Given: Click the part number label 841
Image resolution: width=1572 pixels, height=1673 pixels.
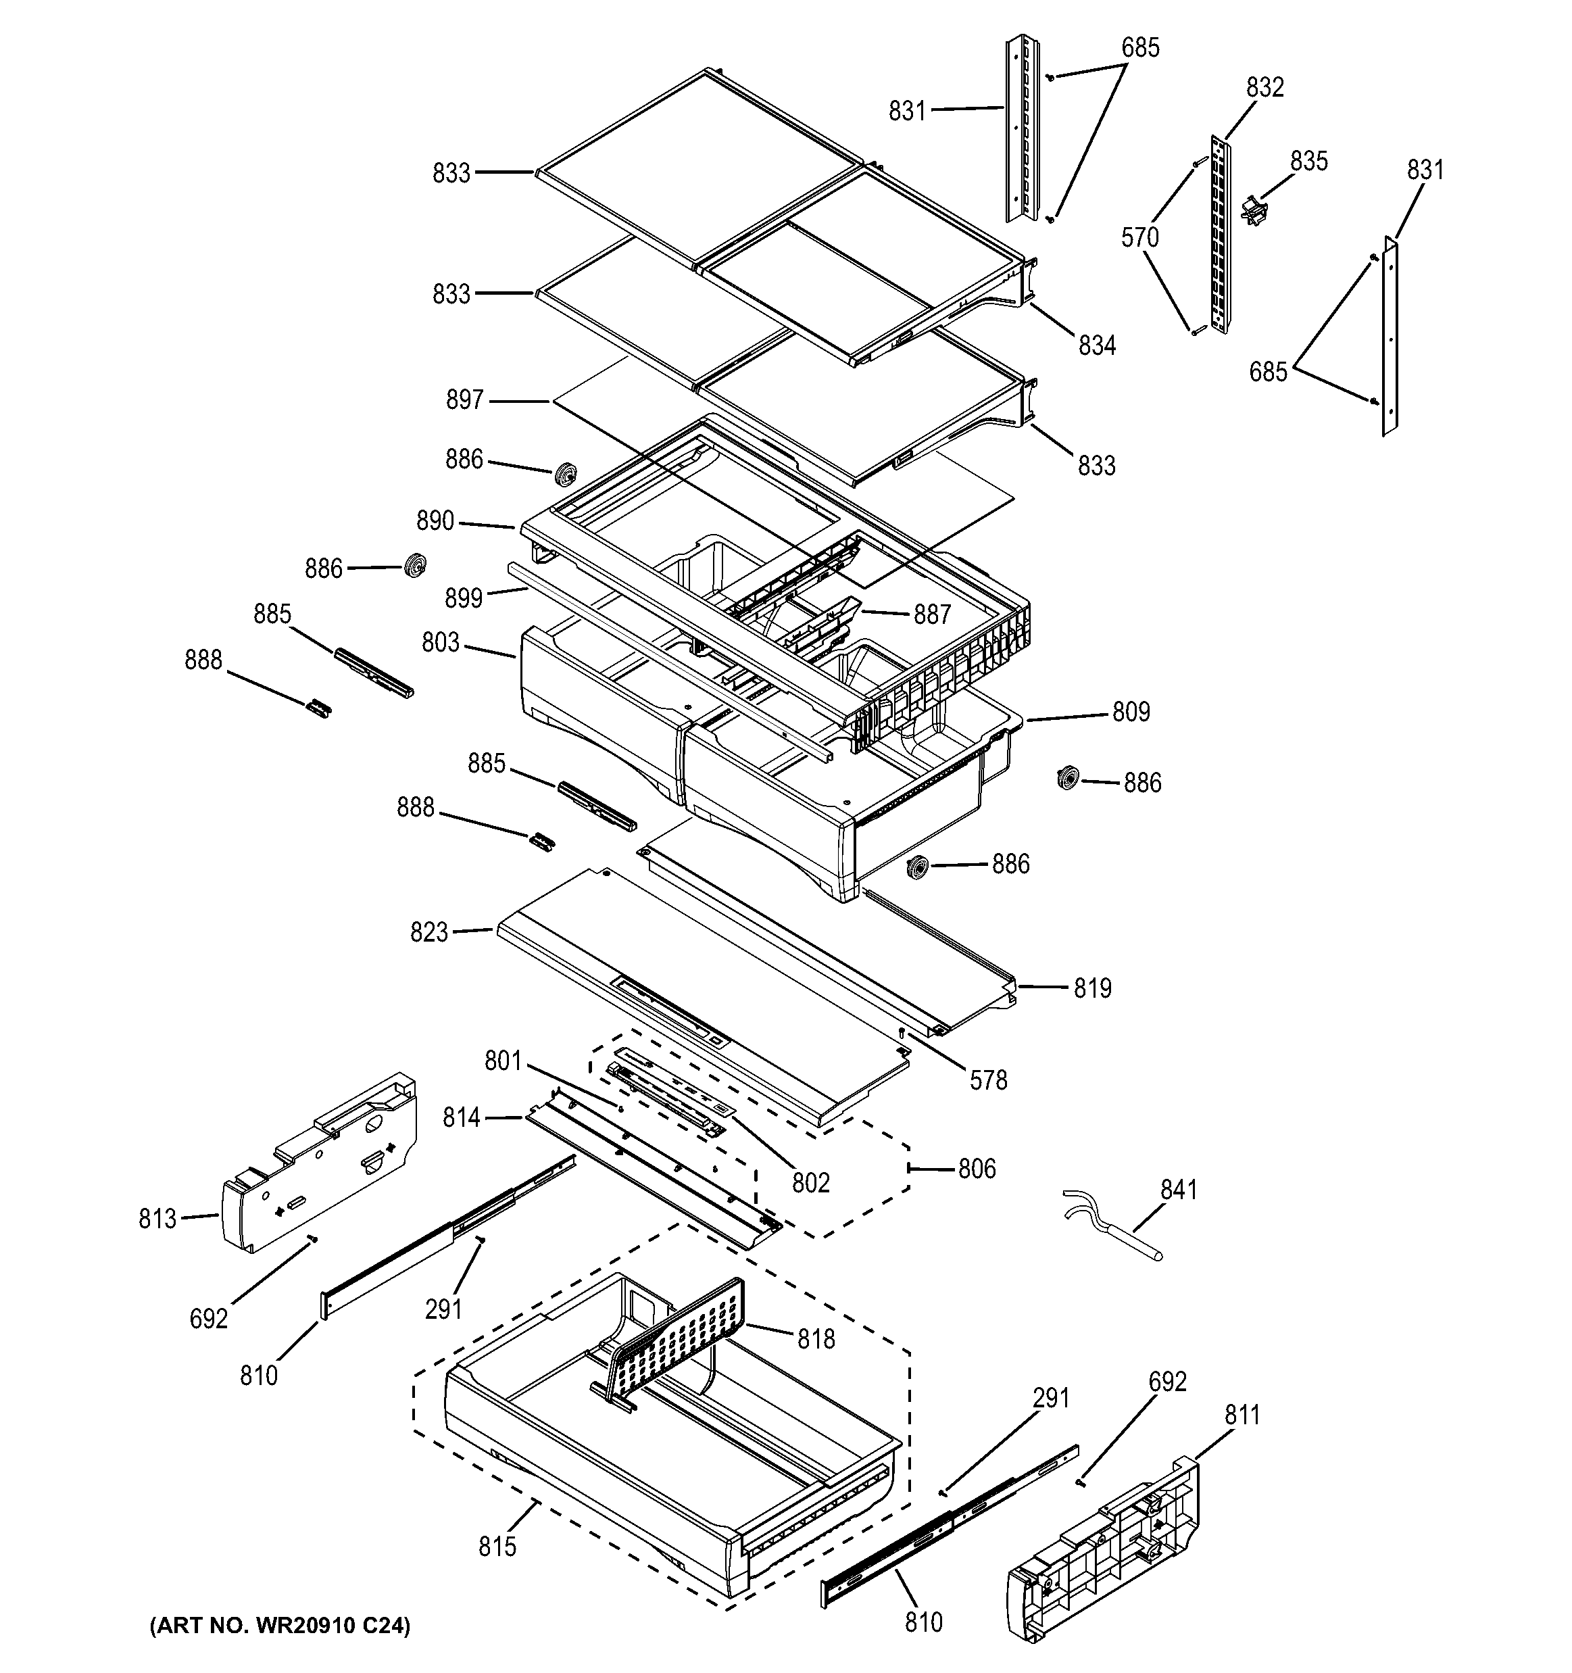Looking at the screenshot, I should click(1178, 1190).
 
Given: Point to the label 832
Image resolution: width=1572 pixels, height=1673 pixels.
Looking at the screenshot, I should click(1265, 87).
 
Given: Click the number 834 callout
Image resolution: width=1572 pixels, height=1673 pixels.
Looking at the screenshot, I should click(1096, 345).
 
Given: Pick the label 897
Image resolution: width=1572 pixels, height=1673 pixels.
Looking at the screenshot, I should click(464, 399).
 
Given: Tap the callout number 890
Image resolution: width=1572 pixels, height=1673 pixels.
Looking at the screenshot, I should click(435, 521).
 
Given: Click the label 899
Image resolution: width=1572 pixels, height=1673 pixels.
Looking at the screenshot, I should click(464, 598).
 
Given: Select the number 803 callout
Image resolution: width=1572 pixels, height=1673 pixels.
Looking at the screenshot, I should click(440, 643).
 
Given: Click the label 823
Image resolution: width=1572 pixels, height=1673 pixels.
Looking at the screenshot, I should click(428, 932).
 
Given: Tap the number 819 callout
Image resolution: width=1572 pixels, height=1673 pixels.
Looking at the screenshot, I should click(1092, 988).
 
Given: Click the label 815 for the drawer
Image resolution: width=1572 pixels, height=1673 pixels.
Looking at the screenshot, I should click(497, 1547).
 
